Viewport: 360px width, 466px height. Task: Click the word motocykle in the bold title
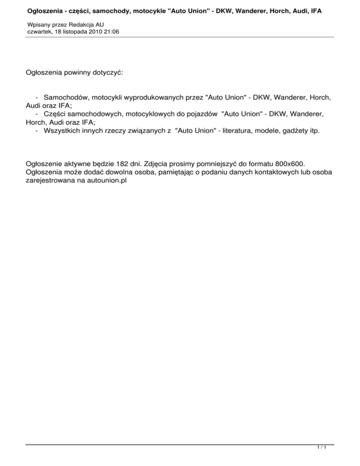[142, 9]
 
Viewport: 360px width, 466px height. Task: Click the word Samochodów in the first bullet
[66, 98]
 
